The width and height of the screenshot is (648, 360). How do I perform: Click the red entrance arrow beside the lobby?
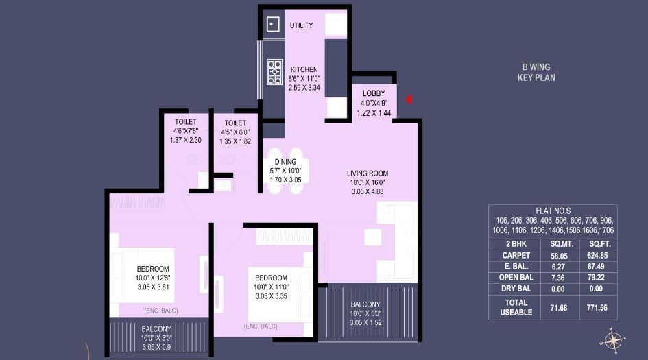point(409,100)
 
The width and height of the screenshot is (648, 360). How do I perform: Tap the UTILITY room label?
point(301,26)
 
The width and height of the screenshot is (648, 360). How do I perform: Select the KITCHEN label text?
point(304,70)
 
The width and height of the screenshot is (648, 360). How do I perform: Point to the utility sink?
point(272,24)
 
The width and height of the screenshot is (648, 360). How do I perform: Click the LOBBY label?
point(373,93)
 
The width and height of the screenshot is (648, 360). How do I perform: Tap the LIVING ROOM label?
point(368,173)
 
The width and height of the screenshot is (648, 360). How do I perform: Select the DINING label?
point(285,162)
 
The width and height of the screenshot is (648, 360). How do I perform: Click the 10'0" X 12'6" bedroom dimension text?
point(153,278)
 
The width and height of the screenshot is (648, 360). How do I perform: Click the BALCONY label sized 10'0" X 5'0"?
point(366,304)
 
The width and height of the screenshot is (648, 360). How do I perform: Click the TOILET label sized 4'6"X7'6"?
point(185,122)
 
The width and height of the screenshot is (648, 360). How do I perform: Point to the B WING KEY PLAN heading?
point(536,73)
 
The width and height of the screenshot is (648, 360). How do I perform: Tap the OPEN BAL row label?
point(516,277)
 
